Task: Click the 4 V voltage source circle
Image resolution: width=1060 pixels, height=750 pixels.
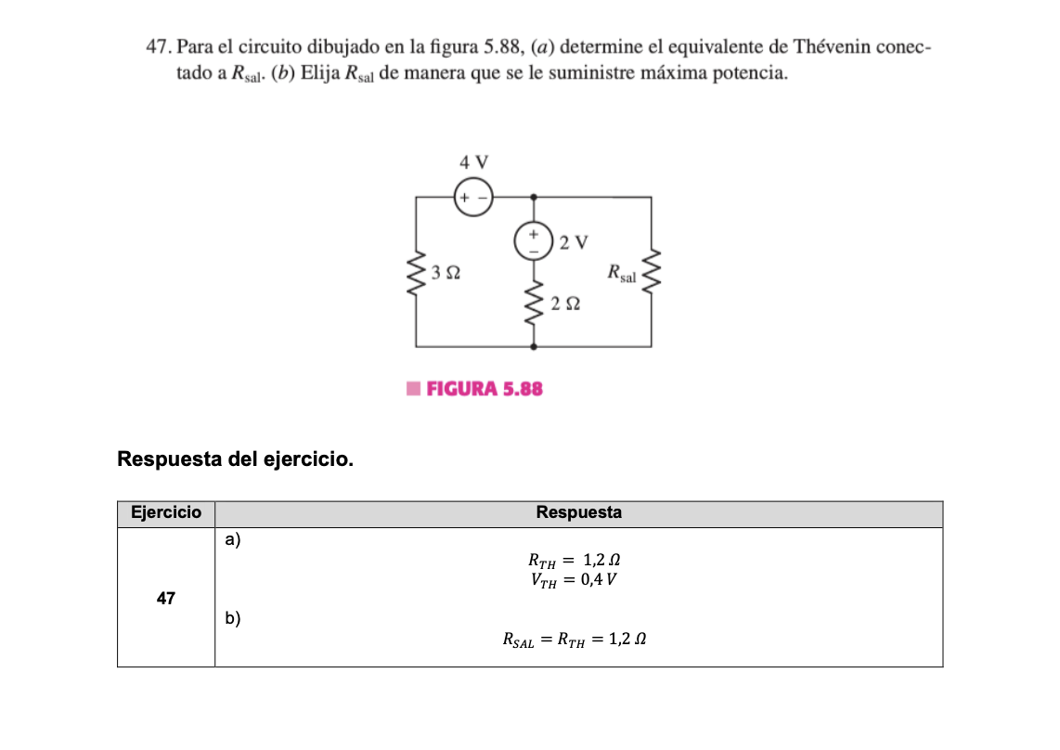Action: [x=472, y=198]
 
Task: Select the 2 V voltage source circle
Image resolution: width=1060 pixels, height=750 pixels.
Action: [x=534, y=241]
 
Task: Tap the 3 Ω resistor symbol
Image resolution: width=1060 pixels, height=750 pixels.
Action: [x=416, y=273]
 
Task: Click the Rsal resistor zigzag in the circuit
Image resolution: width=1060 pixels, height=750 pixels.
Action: [x=651, y=271]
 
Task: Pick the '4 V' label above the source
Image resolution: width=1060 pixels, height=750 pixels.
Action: [x=473, y=162]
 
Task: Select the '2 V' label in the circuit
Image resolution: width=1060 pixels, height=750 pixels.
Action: [x=575, y=242]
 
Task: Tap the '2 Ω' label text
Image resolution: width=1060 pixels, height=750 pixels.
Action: [x=564, y=304]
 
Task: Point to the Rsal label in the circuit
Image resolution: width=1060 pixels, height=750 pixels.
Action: [x=622, y=273]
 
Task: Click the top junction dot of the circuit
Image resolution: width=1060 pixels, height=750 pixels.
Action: [x=534, y=198]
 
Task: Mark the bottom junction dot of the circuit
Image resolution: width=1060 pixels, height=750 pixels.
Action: [x=534, y=346]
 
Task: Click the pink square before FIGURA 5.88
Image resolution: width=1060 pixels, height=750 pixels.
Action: [x=413, y=388]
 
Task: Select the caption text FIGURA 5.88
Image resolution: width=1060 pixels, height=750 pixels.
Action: [x=484, y=388]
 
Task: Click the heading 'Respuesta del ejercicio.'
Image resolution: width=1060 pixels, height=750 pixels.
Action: [x=236, y=459]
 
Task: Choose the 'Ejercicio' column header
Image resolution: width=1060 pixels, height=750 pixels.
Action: [x=166, y=512]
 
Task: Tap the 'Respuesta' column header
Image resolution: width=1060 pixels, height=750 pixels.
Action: [x=578, y=512]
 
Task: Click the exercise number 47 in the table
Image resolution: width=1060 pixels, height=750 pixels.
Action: [x=166, y=599]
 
